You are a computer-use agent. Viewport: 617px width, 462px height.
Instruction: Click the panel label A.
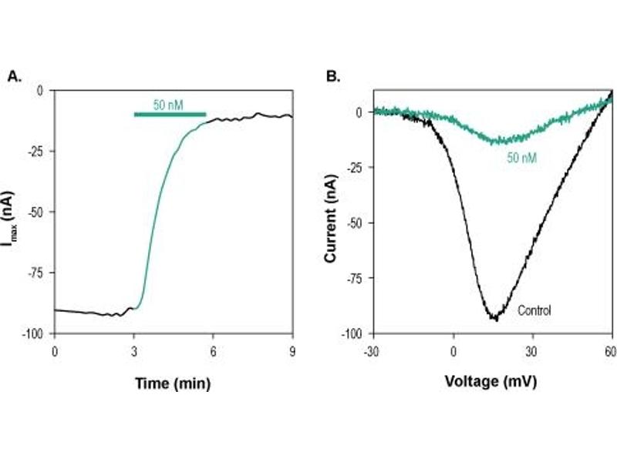[x=13, y=75]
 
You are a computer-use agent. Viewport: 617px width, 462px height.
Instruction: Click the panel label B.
[x=333, y=75]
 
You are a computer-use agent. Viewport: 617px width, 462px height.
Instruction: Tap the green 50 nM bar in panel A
[x=170, y=115]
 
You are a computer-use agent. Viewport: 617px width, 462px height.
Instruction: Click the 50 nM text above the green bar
[x=168, y=104]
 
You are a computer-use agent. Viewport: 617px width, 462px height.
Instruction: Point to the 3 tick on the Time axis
[x=134, y=350]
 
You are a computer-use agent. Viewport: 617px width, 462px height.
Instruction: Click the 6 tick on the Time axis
[x=214, y=350]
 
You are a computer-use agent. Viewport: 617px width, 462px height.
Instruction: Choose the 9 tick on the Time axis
[x=292, y=350]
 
